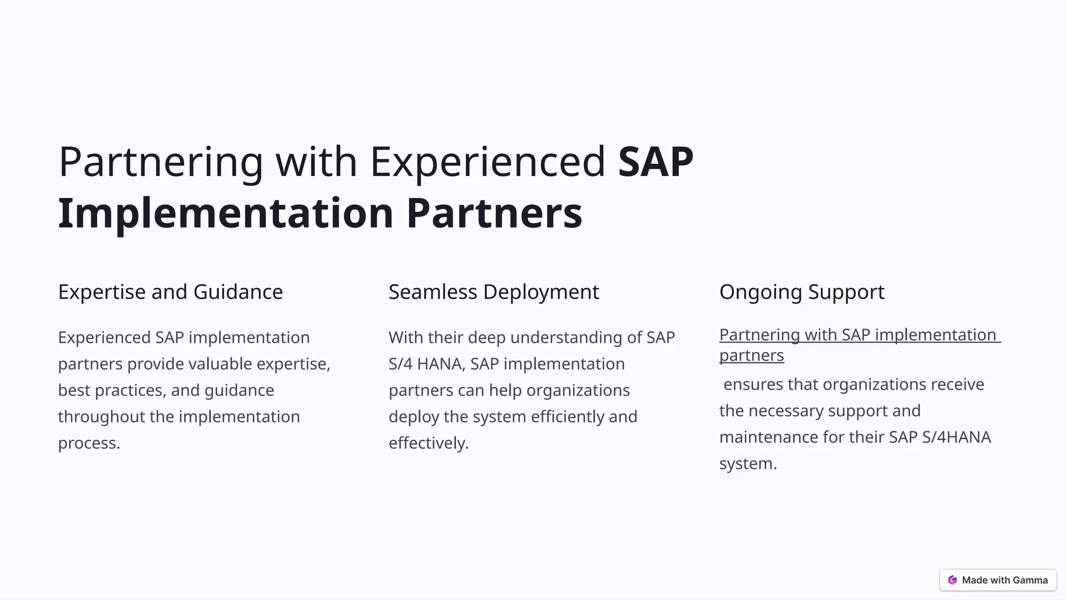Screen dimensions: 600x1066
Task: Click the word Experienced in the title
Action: pyautogui.click(x=487, y=162)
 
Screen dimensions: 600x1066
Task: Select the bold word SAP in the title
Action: pyautogui.click(x=655, y=162)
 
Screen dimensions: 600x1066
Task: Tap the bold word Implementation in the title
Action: pyautogui.click(x=225, y=213)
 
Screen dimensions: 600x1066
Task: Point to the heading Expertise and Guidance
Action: pyautogui.click(x=170, y=292)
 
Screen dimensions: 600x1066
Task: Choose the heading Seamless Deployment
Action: pyautogui.click(x=493, y=292)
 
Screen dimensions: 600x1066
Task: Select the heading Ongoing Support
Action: pyautogui.click(x=802, y=292)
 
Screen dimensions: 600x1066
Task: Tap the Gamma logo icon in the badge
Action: pyautogui.click(x=953, y=580)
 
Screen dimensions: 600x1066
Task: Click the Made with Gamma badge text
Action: pyautogui.click(x=1005, y=580)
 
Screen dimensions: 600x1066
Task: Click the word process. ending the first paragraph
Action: pyautogui.click(x=89, y=443)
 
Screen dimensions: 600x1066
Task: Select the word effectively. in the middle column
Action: pyautogui.click(x=428, y=443)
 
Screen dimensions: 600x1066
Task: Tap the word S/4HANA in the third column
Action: pyautogui.click(x=956, y=437)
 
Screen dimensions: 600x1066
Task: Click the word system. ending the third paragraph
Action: pyautogui.click(x=747, y=464)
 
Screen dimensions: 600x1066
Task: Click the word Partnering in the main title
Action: pyautogui.click(x=160, y=162)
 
